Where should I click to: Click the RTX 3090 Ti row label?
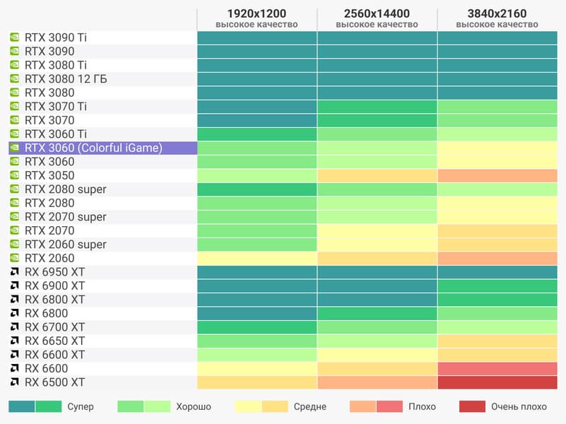click(61, 37)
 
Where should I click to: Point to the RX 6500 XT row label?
click(54, 382)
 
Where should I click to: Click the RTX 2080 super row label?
click(66, 189)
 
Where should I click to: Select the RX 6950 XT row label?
click(54, 272)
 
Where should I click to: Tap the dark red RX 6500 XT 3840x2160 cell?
click(497, 382)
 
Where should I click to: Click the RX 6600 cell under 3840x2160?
click(497, 368)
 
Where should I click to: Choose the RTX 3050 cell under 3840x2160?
click(497, 175)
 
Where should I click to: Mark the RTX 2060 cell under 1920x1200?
click(257, 258)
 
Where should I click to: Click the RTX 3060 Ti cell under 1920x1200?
click(257, 134)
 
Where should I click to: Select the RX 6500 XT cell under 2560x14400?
click(377, 382)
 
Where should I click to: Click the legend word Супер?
click(81, 407)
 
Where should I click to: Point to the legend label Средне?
click(310, 407)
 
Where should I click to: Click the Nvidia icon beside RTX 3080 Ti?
click(14, 65)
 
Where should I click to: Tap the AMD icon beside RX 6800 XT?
click(14, 300)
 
